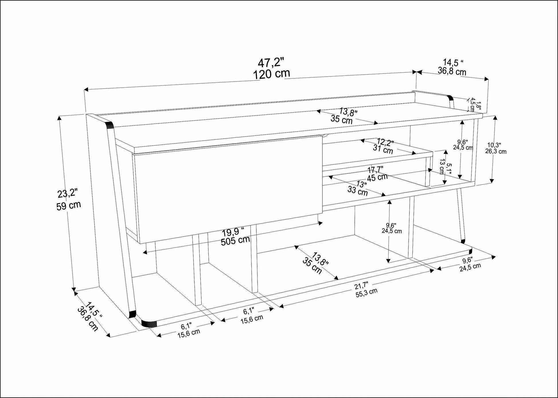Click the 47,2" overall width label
point(271,63)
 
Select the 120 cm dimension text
point(272,74)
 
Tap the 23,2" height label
point(68,193)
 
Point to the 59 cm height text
point(69,206)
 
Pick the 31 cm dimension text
point(383,149)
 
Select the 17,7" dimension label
point(375,170)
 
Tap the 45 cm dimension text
point(377,177)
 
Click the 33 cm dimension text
point(358,190)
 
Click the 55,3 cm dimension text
point(366,293)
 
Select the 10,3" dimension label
point(495,145)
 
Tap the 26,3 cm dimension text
point(496,151)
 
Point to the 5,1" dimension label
point(449,169)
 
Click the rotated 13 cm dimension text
point(442,166)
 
